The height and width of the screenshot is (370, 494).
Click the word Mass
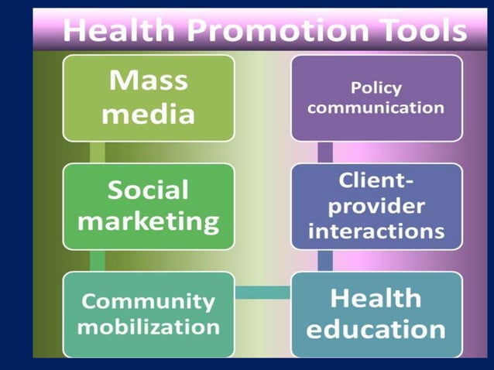pos(148,81)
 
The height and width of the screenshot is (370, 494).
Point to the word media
pos(148,114)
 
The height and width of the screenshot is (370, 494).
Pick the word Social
pos(148,190)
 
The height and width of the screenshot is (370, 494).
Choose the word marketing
pos(148,222)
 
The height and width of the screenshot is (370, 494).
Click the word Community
pos(148,300)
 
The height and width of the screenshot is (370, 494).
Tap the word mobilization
pos(148,326)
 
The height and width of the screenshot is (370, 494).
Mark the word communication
pos(376,108)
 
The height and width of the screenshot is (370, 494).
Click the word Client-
pos(376,181)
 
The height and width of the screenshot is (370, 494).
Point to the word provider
pos(376,206)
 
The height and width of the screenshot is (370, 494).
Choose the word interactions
pos(376,231)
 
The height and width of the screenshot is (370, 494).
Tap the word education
pos(376,329)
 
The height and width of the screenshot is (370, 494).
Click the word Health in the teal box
pos(376,297)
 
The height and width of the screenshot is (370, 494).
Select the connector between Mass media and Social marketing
pos(97,152)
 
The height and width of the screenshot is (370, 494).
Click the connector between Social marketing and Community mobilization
pos(97,260)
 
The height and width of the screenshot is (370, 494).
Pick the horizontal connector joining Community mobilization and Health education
pos(262,292)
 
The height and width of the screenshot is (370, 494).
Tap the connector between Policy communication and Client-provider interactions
pos(325,152)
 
